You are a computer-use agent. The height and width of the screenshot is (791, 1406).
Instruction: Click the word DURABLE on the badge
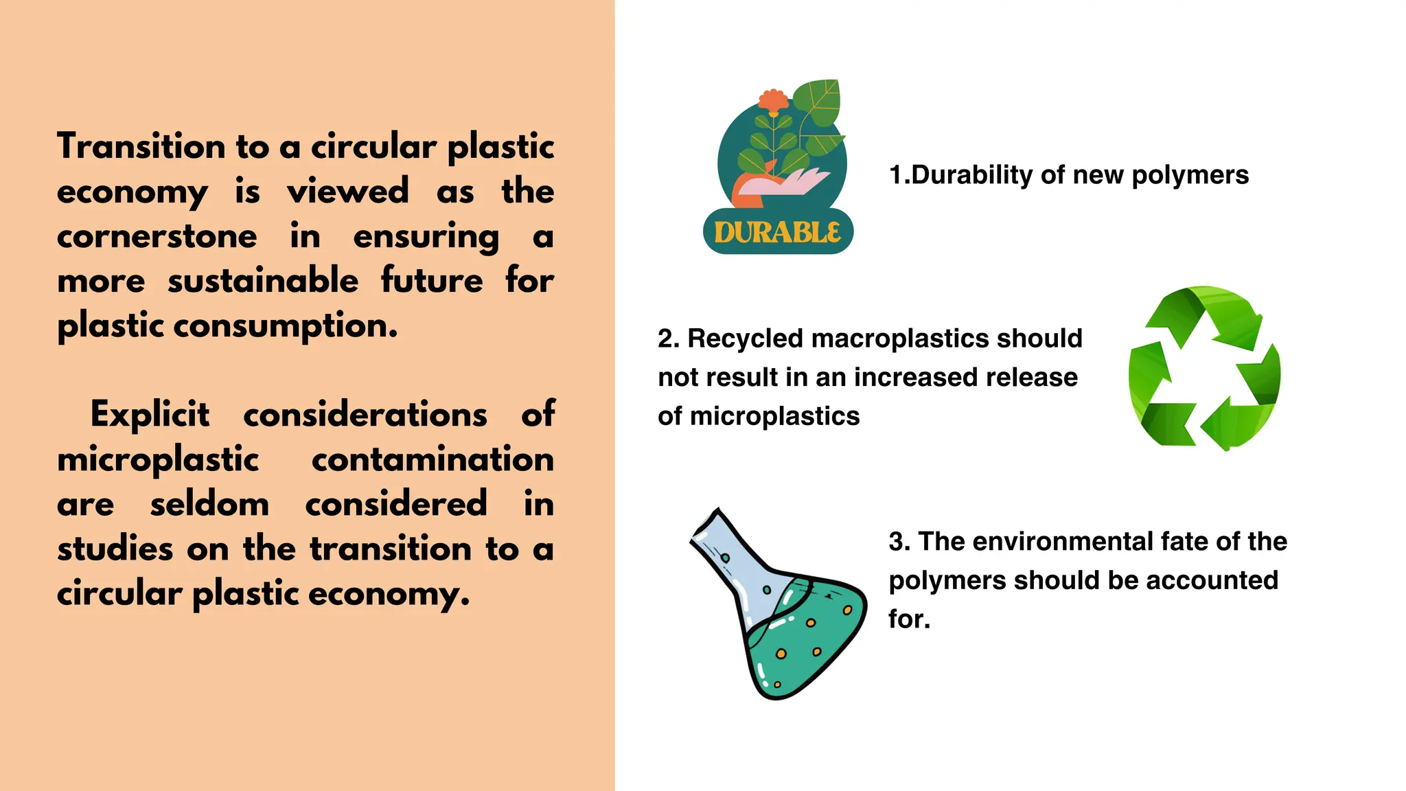click(778, 232)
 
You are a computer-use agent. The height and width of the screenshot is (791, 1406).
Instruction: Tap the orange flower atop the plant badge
click(774, 102)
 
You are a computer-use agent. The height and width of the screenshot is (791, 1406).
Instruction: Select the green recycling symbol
click(1204, 368)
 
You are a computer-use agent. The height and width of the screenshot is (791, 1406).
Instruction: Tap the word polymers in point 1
click(1190, 175)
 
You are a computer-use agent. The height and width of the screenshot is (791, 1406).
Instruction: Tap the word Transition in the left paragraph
click(141, 147)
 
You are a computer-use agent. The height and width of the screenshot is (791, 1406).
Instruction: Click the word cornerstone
click(157, 236)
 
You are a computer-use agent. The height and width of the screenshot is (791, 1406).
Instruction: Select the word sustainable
click(263, 281)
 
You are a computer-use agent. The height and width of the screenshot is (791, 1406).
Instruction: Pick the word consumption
click(286, 325)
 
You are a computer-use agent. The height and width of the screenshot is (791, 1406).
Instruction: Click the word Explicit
click(150, 415)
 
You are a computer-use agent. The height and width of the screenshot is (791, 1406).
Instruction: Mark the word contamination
click(433, 459)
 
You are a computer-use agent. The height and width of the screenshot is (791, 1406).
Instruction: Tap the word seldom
click(209, 504)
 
